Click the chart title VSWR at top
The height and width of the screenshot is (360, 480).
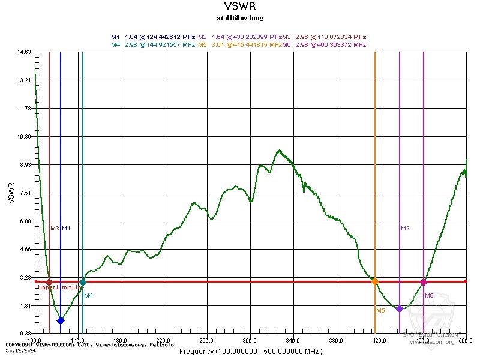coord(239,7)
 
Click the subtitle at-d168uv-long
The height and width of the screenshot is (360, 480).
coord(239,18)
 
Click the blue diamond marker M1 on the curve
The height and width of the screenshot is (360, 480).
coord(61,320)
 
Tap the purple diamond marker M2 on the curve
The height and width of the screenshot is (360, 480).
coord(400,308)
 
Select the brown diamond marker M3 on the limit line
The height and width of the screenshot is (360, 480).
coord(49,282)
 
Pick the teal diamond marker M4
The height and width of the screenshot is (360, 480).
coord(83,282)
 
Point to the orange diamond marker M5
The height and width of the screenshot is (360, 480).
coord(375,281)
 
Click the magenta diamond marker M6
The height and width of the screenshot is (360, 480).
coord(424,282)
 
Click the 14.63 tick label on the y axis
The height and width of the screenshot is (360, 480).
coord(24,52)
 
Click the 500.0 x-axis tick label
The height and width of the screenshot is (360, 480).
coord(466,340)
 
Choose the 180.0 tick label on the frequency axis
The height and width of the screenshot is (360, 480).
coord(121,340)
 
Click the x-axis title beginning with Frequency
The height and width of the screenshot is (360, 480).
coord(251,351)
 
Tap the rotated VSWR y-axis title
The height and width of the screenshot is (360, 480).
coord(11,193)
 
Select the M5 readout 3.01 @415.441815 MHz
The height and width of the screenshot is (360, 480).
coord(240,44)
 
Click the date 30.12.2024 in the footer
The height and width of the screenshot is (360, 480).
coord(19,349)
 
